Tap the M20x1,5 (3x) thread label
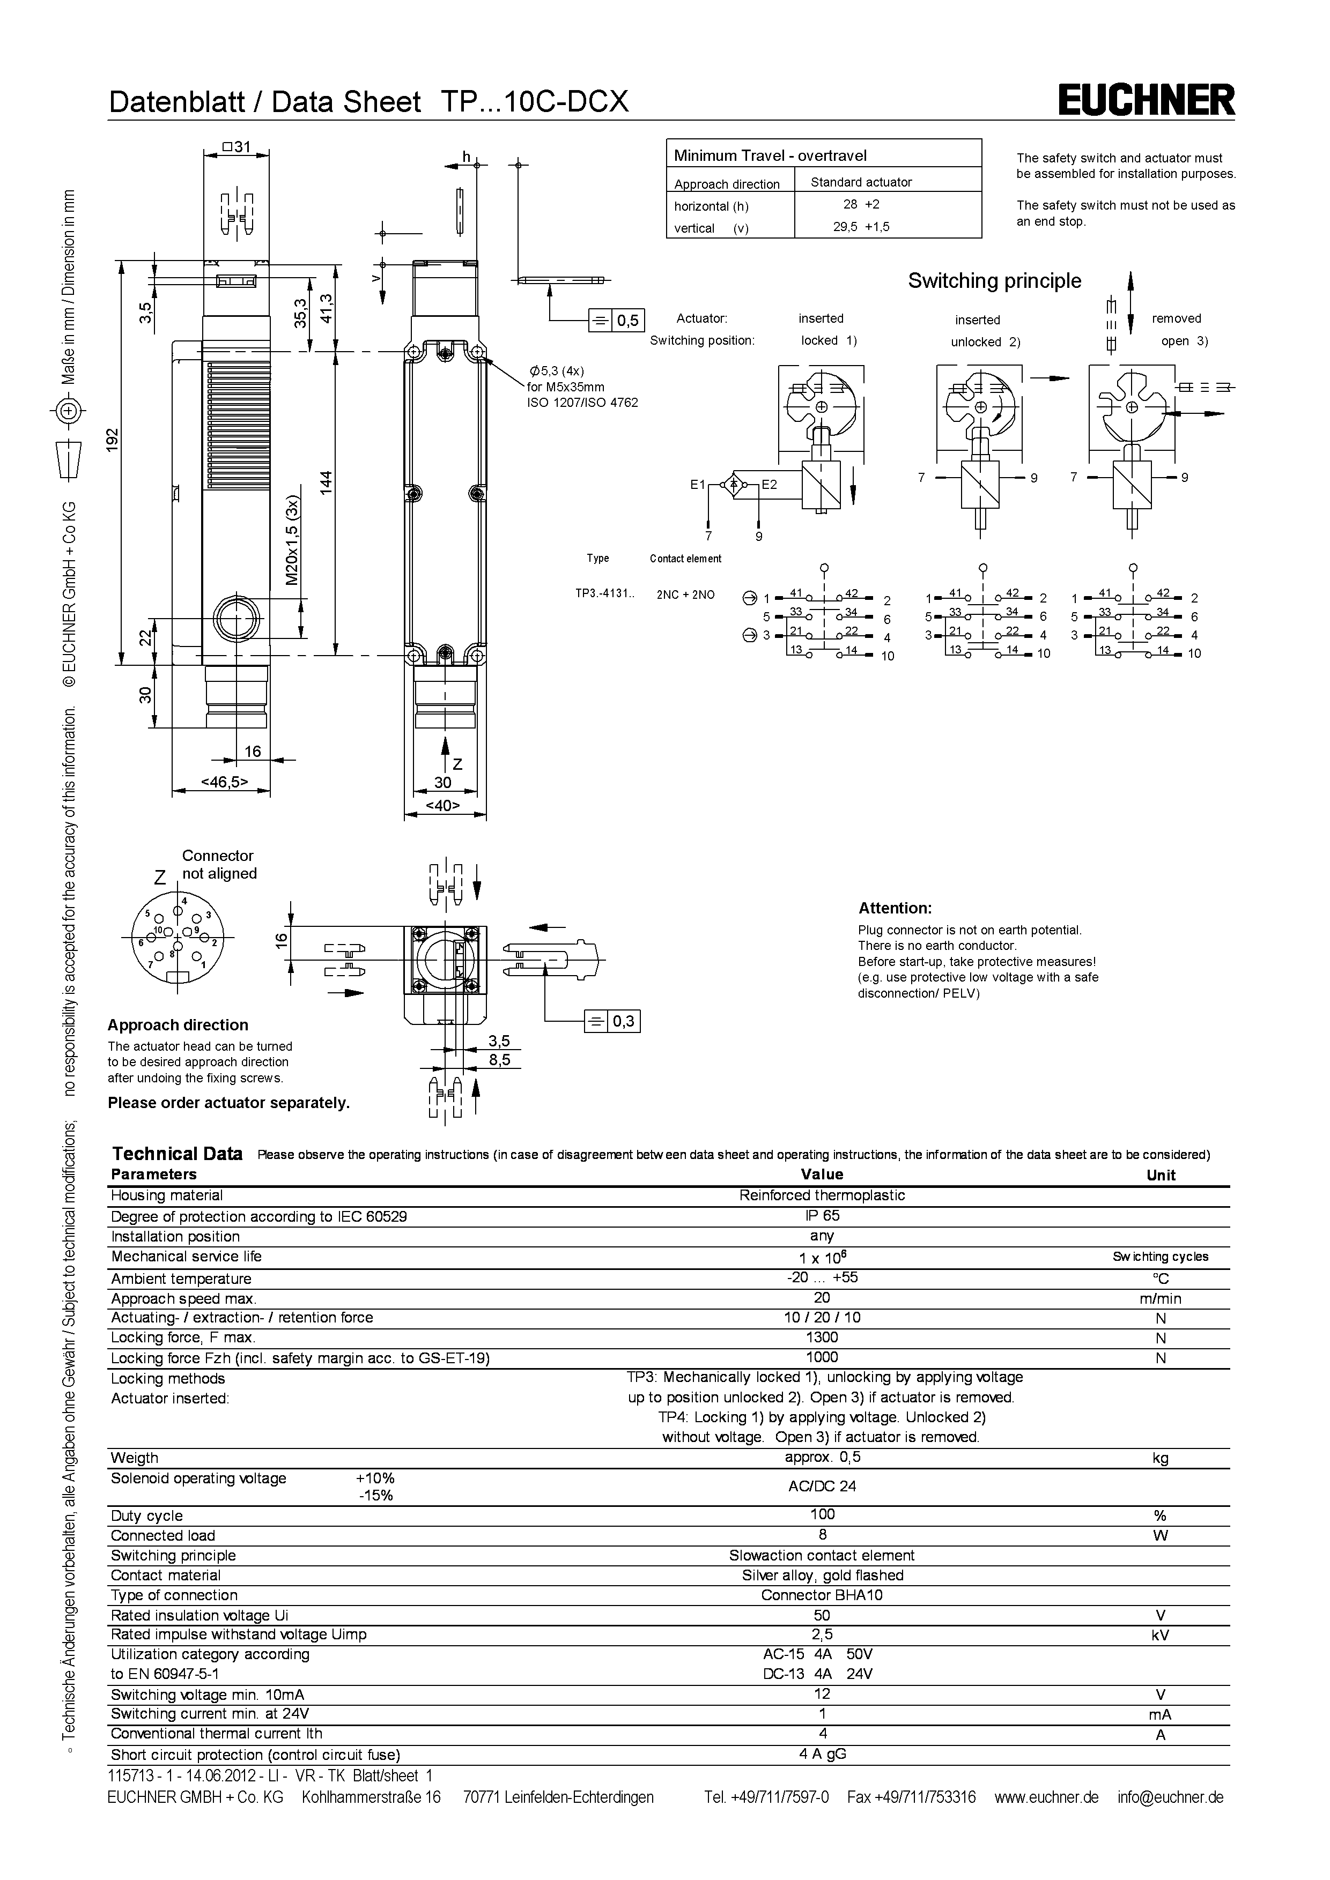click(x=293, y=541)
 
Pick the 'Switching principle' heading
click(x=994, y=281)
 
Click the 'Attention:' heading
click(x=895, y=908)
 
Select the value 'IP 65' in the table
click(x=822, y=1216)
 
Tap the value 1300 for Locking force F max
click(x=822, y=1337)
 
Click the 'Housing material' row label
click(x=167, y=1195)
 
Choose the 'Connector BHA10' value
click(x=822, y=1595)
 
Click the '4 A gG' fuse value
click(x=822, y=1754)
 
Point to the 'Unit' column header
click(x=1161, y=1175)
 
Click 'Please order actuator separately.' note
click(x=228, y=1103)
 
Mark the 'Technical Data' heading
click(x=177, y=1154)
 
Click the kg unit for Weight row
click(x=1161, y=1458)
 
